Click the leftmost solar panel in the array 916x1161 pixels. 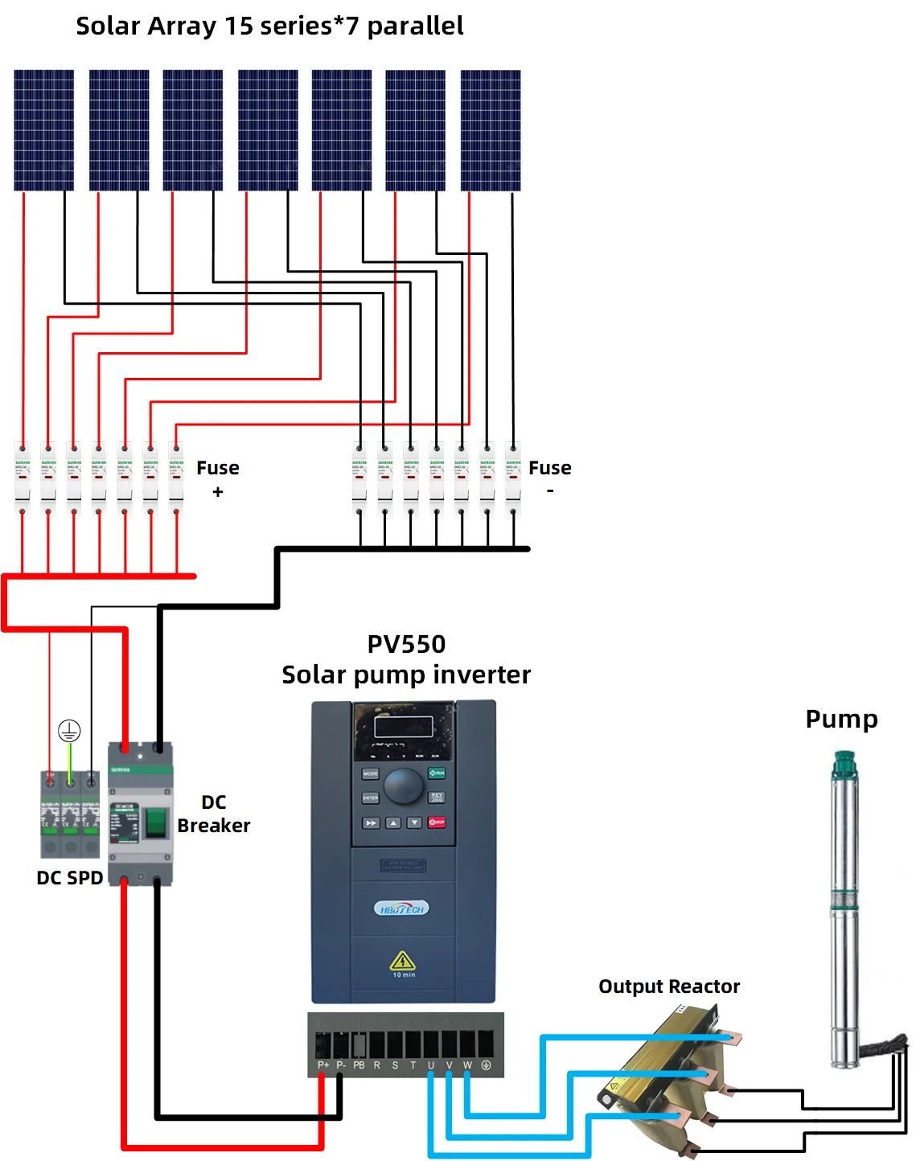coord(43,129)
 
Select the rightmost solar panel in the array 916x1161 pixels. coord(490,129)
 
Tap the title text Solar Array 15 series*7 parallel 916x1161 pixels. coord(269,26)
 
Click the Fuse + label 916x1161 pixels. coord(218,478)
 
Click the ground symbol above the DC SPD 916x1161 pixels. coord(69,731)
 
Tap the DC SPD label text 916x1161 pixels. coord(70,878)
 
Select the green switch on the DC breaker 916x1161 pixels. coord(154,822)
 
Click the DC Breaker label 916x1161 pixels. coord(214,814)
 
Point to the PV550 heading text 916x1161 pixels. coord(406,644)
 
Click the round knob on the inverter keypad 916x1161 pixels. coord(404,786)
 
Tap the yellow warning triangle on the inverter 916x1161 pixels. coord(402,961)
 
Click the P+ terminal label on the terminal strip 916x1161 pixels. coord(323,1065)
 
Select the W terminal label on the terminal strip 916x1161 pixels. coord(467,1065)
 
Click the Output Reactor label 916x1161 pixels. coord(669,987)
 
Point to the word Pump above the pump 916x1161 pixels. coord(841,719)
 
